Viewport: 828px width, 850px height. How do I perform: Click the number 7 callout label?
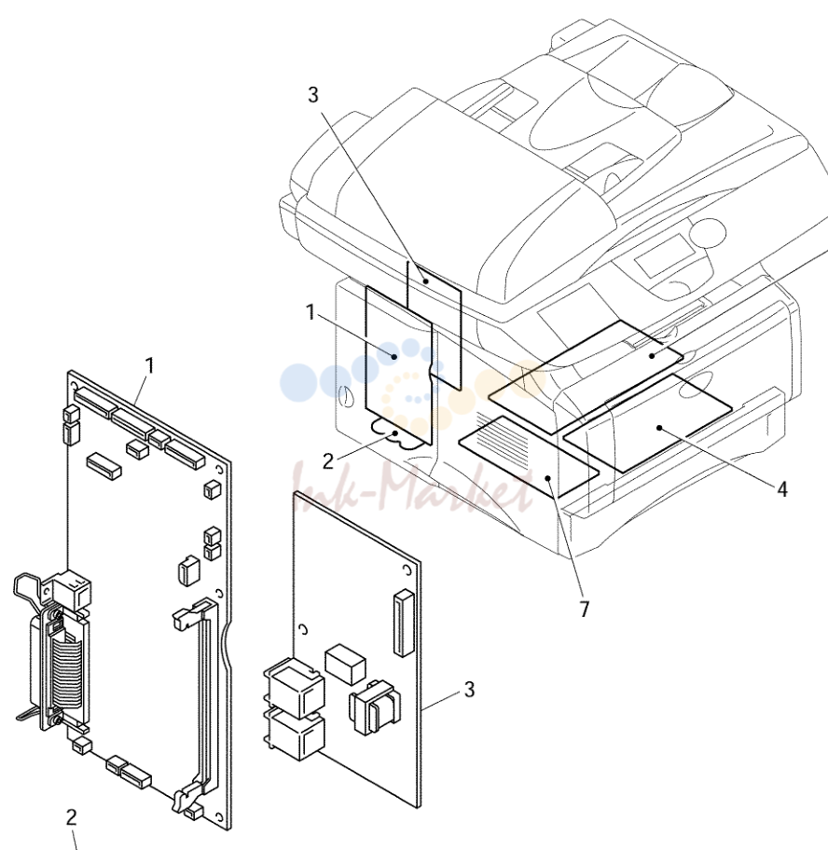[584, 610]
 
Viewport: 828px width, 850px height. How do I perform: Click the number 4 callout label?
[781, 489]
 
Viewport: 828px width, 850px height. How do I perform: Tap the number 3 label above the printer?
[313, 94]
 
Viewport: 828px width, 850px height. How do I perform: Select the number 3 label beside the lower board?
[469, 689]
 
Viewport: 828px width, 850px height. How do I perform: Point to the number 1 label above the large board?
[150, 365]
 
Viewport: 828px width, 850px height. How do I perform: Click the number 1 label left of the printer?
[310, 312]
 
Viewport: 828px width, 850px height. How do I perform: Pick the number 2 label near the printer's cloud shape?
[327, 461]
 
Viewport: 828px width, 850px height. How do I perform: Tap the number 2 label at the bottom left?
[71, 817]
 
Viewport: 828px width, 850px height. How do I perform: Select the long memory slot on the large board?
[201, 705]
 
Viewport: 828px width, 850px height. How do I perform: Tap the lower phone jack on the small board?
[295, 734]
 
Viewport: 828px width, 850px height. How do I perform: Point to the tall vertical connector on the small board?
[404, 623]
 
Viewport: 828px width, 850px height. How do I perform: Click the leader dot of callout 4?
[659, 428]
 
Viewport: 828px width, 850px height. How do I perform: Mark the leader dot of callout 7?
[549, 478]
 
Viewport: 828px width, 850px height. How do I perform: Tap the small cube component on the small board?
[345, 664]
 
